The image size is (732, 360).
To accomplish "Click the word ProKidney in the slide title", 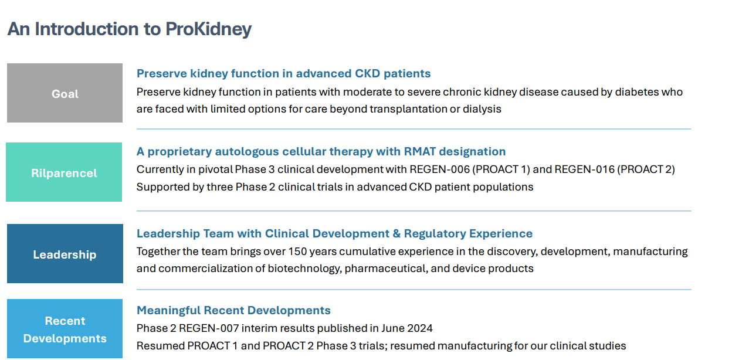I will (209, 29).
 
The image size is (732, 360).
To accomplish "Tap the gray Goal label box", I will (65, 94).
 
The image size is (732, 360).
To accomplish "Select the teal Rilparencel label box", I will (64, 173).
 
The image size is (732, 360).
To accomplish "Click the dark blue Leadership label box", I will (65, 254).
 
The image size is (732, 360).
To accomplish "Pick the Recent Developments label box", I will (65, 330).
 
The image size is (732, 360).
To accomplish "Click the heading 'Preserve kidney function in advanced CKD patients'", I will (283, 74).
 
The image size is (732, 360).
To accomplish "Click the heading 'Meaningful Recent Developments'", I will (233, 311).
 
